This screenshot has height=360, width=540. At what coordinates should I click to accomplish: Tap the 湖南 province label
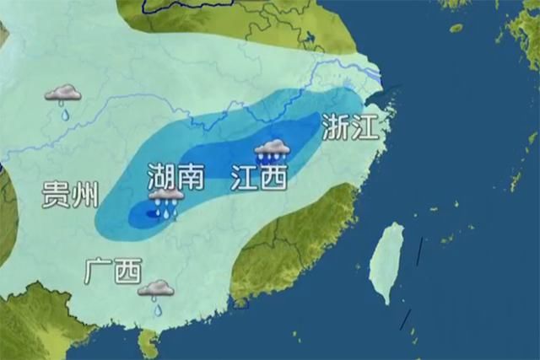coord(175,176)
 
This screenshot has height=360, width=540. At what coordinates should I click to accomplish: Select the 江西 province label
coord(259,177)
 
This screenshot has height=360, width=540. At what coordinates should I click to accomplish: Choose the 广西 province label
coord(112,271)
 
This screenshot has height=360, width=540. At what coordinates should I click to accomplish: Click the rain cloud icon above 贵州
coord(63,93)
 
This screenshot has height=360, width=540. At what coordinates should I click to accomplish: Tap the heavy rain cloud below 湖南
coord(166,199)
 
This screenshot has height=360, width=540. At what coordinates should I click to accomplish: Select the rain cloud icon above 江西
coord(273,150)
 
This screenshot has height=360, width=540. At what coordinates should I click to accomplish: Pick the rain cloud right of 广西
coord(156,289)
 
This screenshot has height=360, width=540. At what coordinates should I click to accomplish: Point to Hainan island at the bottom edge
coord(149,343)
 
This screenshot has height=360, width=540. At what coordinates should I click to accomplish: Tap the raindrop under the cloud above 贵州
coord(64,114)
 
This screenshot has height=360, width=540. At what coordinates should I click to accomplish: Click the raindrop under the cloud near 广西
coord(157,309)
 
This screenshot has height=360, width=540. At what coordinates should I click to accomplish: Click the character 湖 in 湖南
coord(161,176)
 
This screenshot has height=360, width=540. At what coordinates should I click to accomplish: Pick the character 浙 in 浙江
coord(335,127)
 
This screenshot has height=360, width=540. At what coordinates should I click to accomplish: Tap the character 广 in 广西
coord(98,271)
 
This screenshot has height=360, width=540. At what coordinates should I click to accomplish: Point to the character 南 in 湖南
coord(191,176)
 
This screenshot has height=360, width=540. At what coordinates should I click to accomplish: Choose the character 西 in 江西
coord(273,177)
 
